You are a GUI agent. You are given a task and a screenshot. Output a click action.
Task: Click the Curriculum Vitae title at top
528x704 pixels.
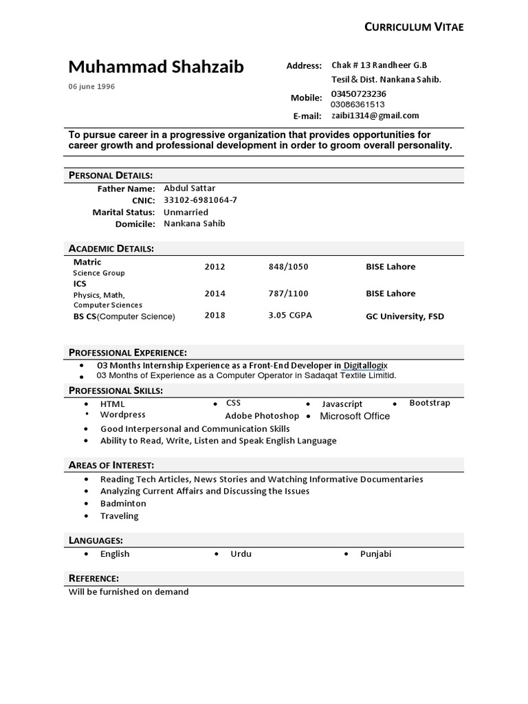click(x=413, y=27)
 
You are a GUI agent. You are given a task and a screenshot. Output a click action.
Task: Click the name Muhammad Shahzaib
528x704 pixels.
click(x=156, y=67)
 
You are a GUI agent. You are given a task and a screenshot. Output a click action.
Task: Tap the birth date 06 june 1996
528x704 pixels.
click(x=91, y=87)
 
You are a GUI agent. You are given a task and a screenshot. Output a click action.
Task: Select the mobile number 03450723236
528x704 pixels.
click(x=358, y=93)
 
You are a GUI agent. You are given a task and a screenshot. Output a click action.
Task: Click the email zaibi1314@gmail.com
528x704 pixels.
click(x=375, y=115)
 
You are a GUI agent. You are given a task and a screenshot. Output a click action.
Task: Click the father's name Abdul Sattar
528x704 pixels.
click(x=189, y=188)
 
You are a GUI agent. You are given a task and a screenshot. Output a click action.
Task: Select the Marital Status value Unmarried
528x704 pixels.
click(x=186, y=212)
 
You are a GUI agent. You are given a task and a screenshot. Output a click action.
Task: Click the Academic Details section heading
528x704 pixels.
click(x=111, y=248)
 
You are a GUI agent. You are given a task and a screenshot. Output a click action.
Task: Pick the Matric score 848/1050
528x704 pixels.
click(x=288, y=267)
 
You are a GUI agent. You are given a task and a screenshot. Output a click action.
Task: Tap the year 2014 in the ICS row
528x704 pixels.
click(x=214, y=294)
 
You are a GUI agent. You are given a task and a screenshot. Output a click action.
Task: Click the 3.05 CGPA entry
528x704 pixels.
click(x=290, y=316)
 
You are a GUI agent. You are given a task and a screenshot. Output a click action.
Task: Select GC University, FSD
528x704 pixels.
click(x=404, y=316)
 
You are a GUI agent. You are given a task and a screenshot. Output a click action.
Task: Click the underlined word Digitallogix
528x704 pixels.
click(x=370, y=365)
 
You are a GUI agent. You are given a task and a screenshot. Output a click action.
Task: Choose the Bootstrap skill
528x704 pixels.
click(x=430, y=403)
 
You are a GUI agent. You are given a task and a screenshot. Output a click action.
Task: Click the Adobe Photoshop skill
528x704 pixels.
click(x=262, y=416)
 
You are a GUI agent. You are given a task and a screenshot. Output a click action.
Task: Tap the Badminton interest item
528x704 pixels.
click(x=123, y=503)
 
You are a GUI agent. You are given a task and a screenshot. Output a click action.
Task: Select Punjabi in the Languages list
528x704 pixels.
click(x=375, y=553)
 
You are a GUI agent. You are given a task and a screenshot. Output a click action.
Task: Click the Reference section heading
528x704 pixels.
click(x=94, y=577)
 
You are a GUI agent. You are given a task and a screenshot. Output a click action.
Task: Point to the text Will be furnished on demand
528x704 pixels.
click(x=129, y=591)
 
